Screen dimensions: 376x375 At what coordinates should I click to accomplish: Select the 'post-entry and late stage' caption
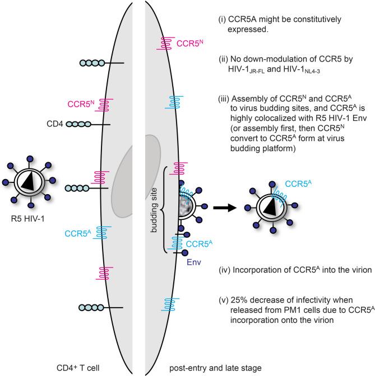(x=207, y=369)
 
